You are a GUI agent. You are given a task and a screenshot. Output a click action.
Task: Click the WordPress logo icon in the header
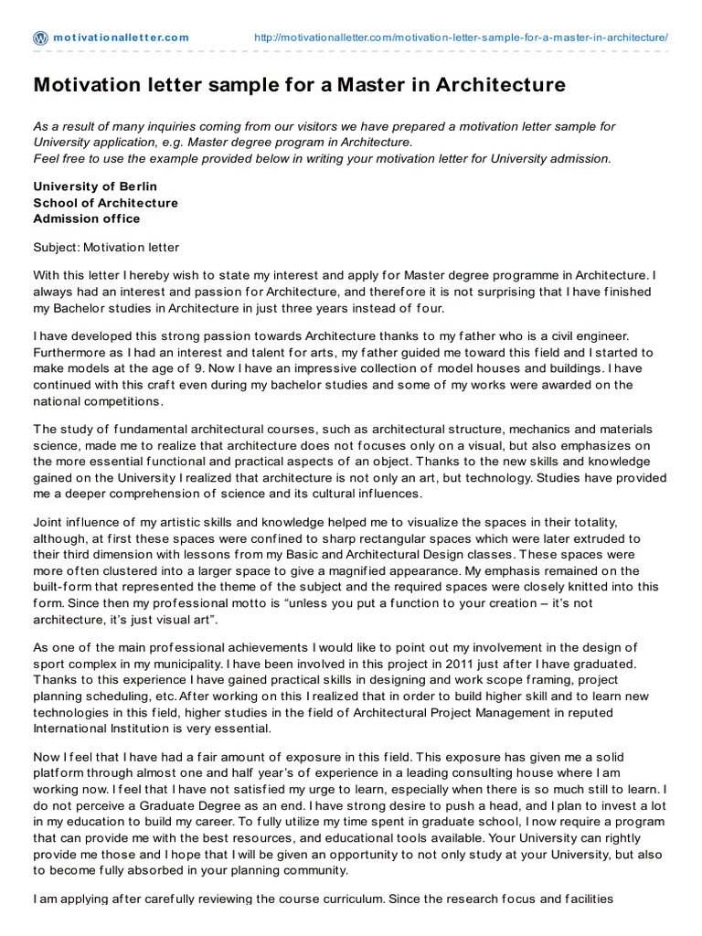point(41,37)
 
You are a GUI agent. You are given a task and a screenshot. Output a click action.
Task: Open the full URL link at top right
point(461,37)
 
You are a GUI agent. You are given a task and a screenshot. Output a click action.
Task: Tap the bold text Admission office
point(87,218)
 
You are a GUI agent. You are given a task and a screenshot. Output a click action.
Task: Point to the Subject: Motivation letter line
point(106,247)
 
